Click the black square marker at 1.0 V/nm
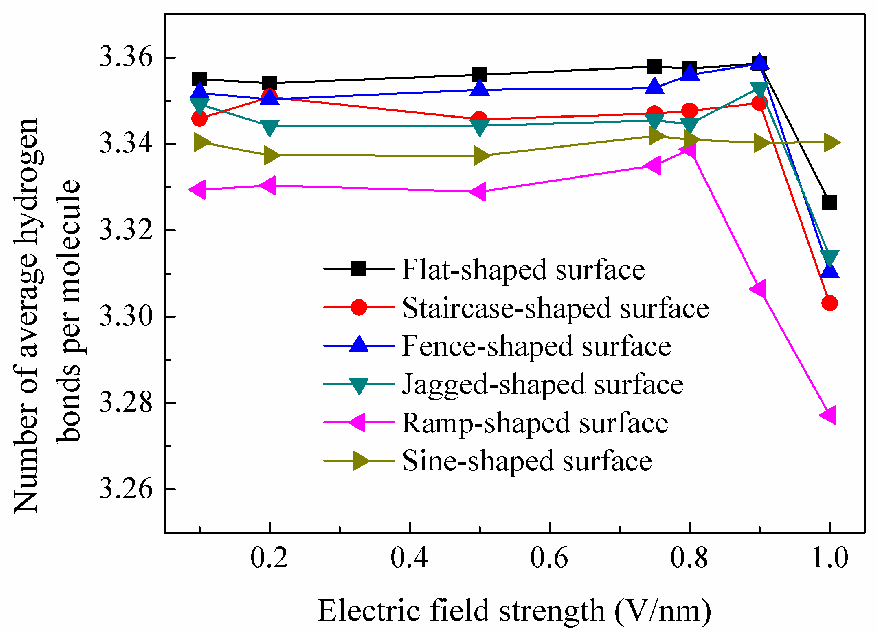[x=829, y=202]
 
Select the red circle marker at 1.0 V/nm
[x=829, y=303]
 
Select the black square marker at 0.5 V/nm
[x=479, y=75]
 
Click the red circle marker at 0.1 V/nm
[x=199, y=119]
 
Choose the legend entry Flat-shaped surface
[x=523, y=269]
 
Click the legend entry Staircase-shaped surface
[x=555, y=308]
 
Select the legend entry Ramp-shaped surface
[x=535, y=423]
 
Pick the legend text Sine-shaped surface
[x=527, y=461]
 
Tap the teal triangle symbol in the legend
[x=359, y=385]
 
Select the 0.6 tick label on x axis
[x=549, y=558]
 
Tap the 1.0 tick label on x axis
[x=829, y=558]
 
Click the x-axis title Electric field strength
[x=514, y=611]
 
